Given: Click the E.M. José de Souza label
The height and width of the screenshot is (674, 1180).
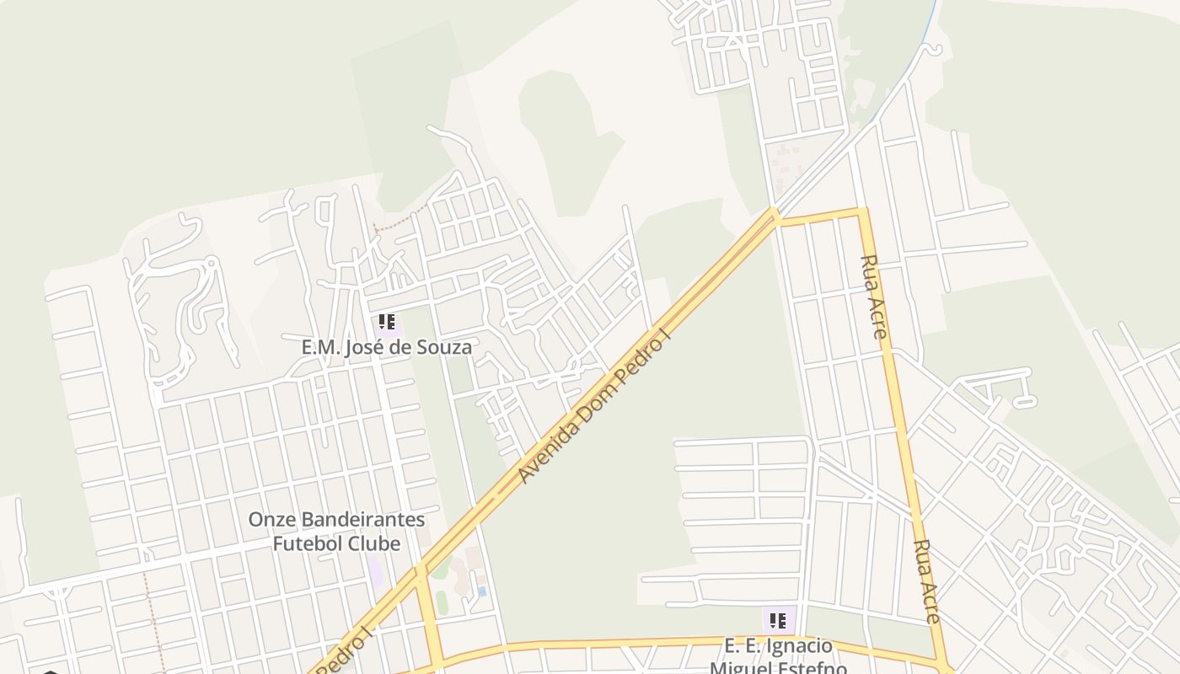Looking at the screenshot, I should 386,346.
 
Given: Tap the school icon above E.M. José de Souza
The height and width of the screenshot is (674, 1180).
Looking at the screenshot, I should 387,322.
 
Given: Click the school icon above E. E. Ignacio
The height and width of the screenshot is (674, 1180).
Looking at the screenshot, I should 777,621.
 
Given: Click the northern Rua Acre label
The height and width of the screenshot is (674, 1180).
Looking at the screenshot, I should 874,297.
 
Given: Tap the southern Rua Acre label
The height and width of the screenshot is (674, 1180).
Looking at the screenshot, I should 926,581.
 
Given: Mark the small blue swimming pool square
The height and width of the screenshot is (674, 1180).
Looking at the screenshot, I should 482,591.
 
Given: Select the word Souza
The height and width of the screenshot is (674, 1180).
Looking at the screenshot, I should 445,346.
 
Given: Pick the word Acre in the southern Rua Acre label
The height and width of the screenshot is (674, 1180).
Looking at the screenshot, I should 930,602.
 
